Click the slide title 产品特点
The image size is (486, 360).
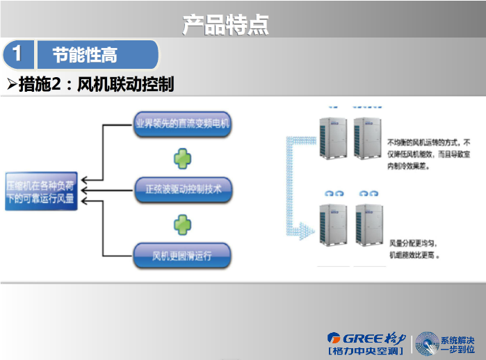[225, 24]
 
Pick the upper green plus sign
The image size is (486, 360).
[182, 158]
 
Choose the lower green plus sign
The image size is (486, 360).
[182, 223]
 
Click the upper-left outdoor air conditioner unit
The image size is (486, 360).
[332, 138]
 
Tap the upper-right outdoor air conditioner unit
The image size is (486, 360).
[367, 138]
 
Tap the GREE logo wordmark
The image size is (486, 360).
[365, 339]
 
